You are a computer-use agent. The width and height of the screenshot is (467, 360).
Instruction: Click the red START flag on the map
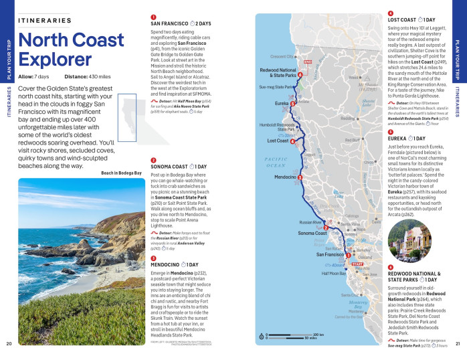tap(355, 247)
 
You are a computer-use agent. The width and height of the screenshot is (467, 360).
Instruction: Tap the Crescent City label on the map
tap(282, 56)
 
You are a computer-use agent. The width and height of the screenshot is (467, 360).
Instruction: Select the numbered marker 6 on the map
tap(300, 74)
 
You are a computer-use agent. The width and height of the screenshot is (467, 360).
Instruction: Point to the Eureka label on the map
tap(281, 104)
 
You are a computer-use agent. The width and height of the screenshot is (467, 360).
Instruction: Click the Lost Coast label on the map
tap(278, 141)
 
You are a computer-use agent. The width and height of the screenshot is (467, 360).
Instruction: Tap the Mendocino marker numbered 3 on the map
tap(300, 177)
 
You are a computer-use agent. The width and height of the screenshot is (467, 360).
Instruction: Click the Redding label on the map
tap(347, 118)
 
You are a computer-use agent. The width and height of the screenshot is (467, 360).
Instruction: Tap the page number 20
tap(9, 344)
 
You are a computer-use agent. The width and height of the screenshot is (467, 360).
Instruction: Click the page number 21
tap(458, 344)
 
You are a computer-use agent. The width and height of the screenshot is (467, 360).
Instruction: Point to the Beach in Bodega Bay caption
tap(121, 173)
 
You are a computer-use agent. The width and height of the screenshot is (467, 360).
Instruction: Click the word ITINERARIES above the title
tap(46, 21)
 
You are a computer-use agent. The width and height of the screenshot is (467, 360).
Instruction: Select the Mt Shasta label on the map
tap(367, 85)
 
